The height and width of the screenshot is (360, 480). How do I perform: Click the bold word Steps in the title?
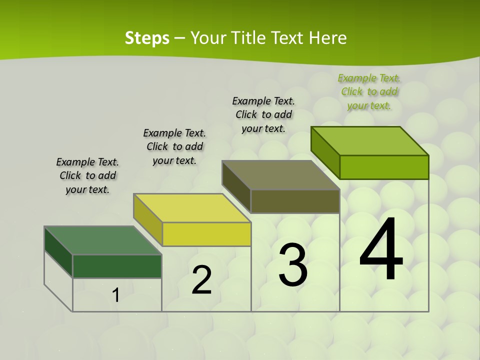tap(147, 38)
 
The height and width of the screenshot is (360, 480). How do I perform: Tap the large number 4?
tap(381, 249)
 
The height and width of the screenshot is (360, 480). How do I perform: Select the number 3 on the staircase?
tap(293, 265)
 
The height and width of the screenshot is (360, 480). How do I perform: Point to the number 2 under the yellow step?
tap(201, 280)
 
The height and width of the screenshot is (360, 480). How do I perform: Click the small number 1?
tap(115, 295)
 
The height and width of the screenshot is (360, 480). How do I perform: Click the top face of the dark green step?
tap(103, 240)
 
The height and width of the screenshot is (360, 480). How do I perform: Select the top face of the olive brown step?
tap(281, 175)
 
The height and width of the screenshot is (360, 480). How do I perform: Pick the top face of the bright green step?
tap(370, 141)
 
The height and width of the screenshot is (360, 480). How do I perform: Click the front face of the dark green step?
tap(117, 266)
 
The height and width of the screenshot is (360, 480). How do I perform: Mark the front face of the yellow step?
tap(206, 234)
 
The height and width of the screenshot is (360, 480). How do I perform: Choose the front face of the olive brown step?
tap(295, 201)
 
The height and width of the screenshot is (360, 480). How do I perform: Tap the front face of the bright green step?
tap(384, 167)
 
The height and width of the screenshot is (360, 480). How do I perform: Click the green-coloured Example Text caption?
tap(369, 92)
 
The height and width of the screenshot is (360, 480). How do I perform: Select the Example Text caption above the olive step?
tap(263, 114)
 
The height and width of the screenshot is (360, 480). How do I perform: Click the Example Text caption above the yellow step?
tap(174, 146)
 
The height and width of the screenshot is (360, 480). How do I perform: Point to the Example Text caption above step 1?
tap(87, 175)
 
